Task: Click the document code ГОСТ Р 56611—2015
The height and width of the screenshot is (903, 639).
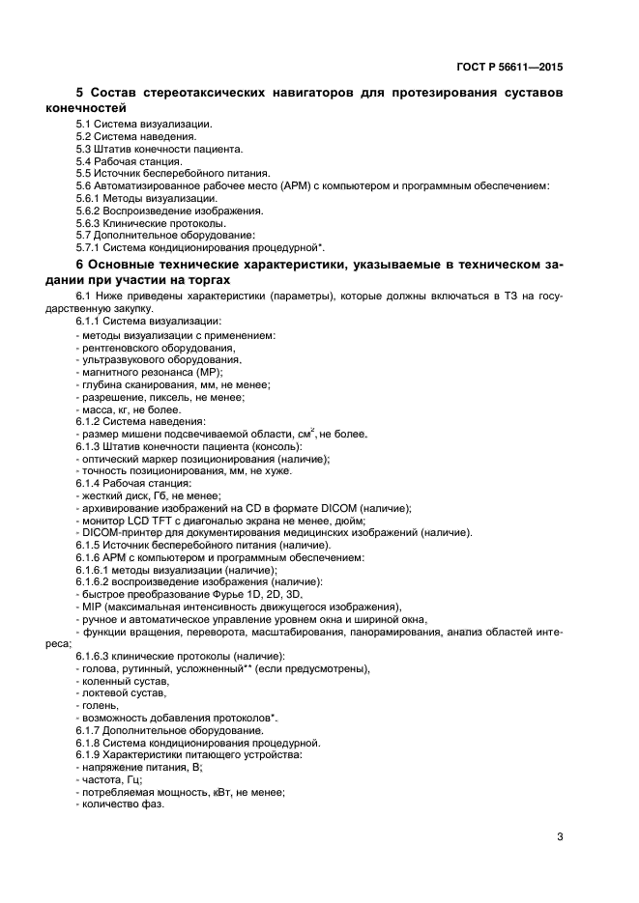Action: click(508, 69)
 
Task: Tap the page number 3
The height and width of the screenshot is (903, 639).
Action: click(560, 836)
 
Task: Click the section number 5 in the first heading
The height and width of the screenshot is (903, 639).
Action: click(80, 94)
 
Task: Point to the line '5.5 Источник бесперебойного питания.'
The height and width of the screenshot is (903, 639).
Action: click(165, 174)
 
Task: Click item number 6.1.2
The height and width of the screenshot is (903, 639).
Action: click(92, 421)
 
